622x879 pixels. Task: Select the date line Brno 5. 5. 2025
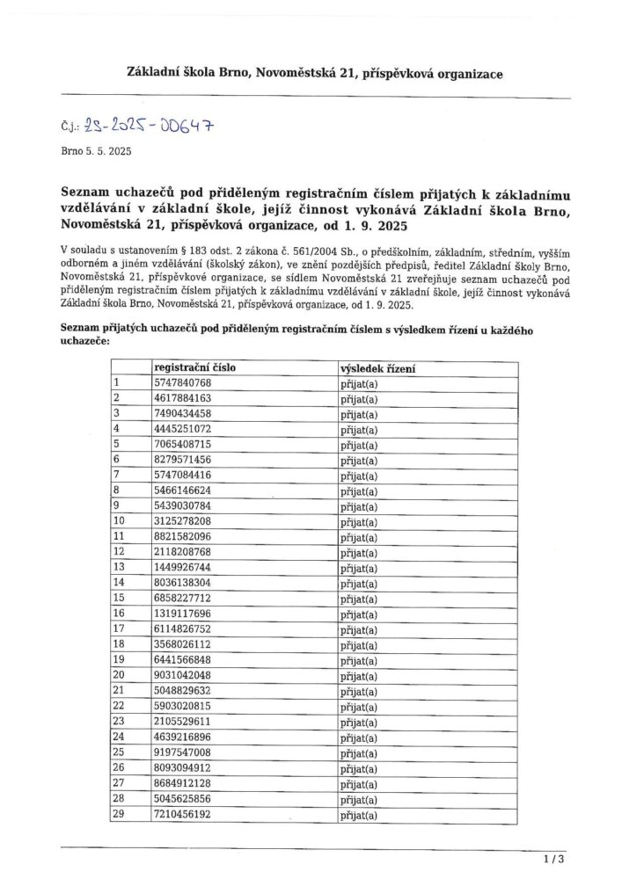point(96,152)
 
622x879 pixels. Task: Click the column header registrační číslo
point(194,368)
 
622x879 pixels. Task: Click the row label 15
point(119,599)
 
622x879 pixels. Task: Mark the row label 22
point(119,707)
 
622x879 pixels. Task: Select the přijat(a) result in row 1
point(358,384)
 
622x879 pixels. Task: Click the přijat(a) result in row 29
point(358,816)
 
